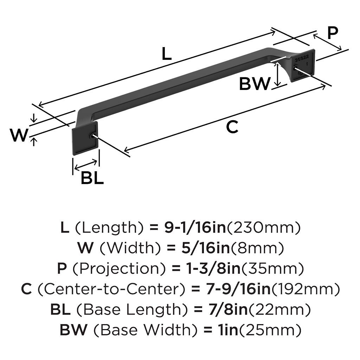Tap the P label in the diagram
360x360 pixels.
[332, 33]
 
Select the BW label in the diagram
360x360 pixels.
[255, 84]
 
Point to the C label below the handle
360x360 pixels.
[232, 127]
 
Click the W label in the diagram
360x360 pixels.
[19, 135]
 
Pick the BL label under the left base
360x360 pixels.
[92, 178]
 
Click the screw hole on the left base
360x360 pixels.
[93, 136]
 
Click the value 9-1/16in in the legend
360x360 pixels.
[196, 228]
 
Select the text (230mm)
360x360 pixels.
[264, 228]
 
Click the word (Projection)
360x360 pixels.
[119, 269]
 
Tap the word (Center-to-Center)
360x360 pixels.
[111, 289]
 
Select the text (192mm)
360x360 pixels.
[306, 289]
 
